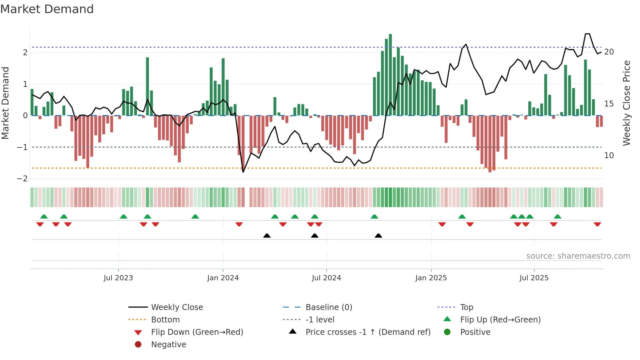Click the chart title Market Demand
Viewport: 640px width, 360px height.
click(47, 9)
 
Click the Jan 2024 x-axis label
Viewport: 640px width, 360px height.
click(223, 278)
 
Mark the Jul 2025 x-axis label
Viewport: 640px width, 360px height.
click(534, 278)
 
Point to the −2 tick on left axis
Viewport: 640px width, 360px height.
click(23, 179)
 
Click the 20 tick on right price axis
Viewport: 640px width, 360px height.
click(609, 52)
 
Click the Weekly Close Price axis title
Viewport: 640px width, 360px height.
click(626, 103)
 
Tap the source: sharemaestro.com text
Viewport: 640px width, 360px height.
click(578, 256)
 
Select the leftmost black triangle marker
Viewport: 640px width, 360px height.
click(267, 236)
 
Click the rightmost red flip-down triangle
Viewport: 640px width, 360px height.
click(597, 224)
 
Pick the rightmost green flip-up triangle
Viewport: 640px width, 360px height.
click(557, 217)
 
